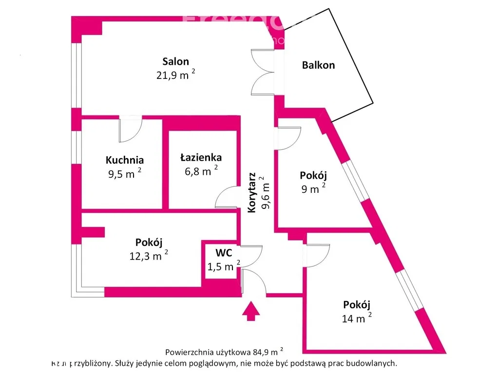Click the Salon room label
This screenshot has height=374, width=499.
pyautogui.click(x=175, y=62)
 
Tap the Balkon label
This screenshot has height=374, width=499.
pyautogui.click(x=318, y=65)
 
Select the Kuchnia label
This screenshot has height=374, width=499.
pyautogui.click(x=125, y=160)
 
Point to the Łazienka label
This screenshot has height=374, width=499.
pyautogui.click(x=201, y=157)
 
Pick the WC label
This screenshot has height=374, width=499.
pyautogui.click(x=224, y=253)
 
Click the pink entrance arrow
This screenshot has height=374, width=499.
pyautogui.click(x=251, y=311)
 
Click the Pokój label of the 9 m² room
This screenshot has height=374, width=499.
pyautogui.click(x=313, y=175)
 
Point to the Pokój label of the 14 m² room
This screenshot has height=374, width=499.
pyautogui.click(x=357, y=305)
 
